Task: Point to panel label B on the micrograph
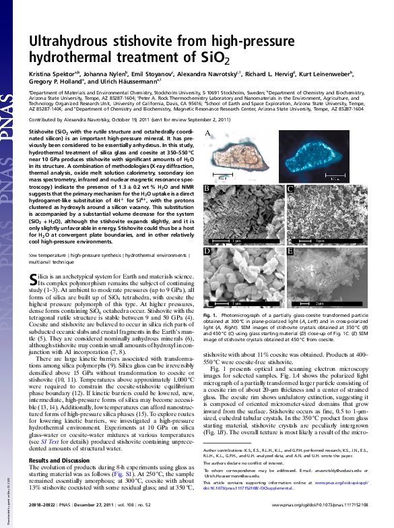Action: (208, 189)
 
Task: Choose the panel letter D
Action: (208, 252)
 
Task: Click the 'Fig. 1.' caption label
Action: (209, 315)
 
